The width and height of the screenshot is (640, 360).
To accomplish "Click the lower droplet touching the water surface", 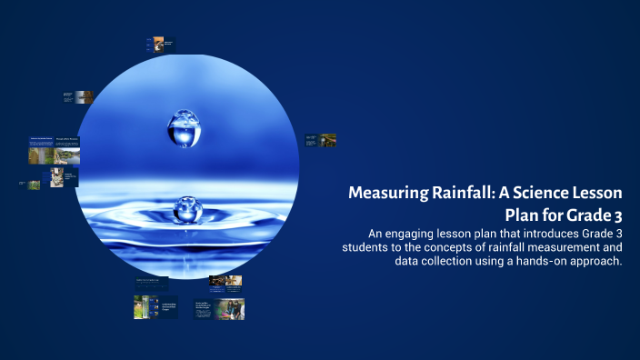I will (x=186, y=210).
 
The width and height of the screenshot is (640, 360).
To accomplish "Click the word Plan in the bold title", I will (x=524, y=215).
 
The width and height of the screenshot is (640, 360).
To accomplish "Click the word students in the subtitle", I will (x=367, y=247).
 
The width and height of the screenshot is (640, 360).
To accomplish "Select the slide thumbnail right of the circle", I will (x=321, y=141).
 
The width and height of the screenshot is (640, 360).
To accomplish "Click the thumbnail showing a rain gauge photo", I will (x=143, y=307).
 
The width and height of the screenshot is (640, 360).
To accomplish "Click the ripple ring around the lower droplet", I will (x=186, y=227).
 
